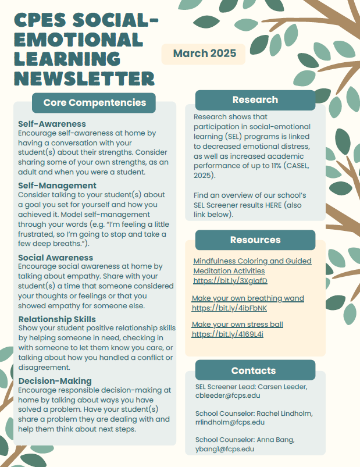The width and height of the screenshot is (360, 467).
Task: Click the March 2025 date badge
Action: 204,54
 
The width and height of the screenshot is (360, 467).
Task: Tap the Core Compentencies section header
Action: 94,103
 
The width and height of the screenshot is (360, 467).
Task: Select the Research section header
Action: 255,99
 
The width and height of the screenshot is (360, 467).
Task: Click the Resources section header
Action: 255,240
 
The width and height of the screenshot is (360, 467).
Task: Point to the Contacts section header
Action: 253,370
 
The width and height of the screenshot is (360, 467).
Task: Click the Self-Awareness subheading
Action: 52,124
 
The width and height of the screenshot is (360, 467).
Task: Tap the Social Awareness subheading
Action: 55,257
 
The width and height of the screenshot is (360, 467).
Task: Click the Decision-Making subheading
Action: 55,381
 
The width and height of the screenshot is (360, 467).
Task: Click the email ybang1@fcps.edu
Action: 224,449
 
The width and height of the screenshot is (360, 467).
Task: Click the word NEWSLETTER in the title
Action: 84,78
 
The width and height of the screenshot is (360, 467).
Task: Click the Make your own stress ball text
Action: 237,325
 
